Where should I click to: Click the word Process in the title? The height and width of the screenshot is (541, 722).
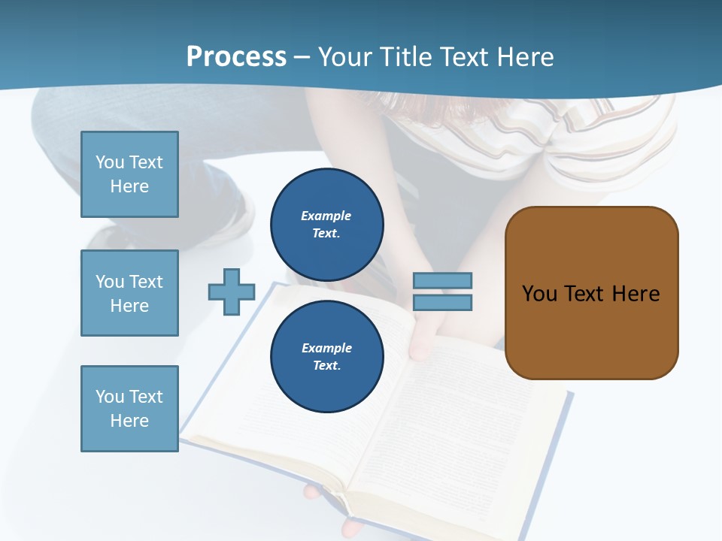(236, 56)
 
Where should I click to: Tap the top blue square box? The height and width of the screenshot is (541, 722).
(129, 174)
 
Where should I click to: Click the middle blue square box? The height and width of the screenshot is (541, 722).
(129, 293)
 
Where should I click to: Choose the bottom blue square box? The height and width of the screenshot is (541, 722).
(129, 409)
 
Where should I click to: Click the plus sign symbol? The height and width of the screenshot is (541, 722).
(232, 292)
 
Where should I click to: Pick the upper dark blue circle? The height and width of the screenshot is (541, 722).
(327, 224)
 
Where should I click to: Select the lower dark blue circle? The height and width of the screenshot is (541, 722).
(327, 356)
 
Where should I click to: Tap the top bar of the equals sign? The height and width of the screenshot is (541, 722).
(443, 280)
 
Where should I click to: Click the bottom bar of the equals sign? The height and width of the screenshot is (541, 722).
(443, 303)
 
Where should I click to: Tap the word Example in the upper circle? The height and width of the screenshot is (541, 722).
(326, 216)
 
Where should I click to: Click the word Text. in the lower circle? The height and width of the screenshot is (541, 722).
(326, 366)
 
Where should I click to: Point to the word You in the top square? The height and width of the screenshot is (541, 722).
(110, 162)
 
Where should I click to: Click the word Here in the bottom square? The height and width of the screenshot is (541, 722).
(129, 421)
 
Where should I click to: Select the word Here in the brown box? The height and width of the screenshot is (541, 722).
(636, 293)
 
